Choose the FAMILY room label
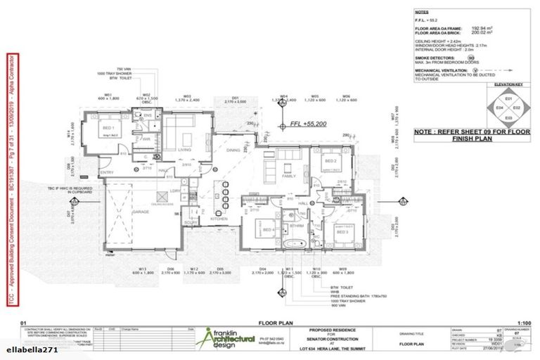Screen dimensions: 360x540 pos(289,177)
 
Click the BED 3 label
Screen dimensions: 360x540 pos(342,231)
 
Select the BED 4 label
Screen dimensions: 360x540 pos(267,230)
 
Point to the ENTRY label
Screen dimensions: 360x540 pos(107,172)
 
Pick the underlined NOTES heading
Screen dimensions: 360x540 pos(422,12)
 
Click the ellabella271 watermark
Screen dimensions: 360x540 pos(27,349)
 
